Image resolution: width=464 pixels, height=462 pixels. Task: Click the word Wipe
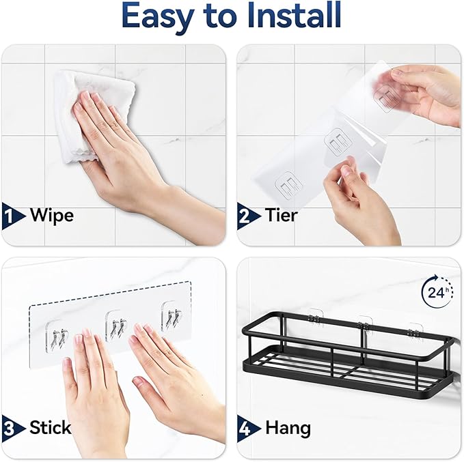click(x=52, y=216)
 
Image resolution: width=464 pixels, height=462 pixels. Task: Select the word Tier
click(x=282, y=216)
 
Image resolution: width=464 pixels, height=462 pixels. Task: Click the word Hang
click(x=288, y=428)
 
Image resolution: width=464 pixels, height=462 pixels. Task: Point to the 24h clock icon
click(x=436, y=293)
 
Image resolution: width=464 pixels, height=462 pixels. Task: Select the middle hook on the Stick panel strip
click(x=115, y=324)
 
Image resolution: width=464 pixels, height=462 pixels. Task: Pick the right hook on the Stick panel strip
click(x=171, y=317)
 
